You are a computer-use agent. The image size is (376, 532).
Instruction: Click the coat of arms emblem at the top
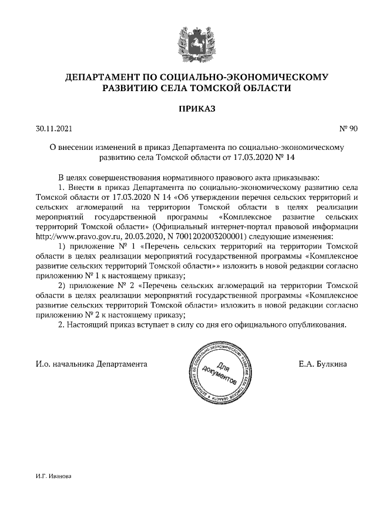point(188,44)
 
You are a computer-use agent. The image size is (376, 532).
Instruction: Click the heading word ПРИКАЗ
point(188,108)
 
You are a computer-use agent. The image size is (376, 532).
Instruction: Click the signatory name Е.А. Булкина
point(322,364)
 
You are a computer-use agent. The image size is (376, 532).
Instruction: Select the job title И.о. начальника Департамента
point(91,364)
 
